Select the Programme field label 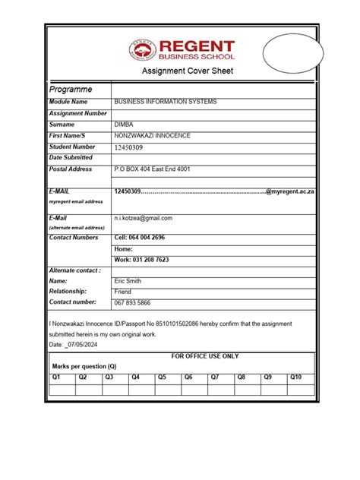pyautogui.click(x=71, y=89)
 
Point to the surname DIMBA pyautogui.click(x=125, y=124)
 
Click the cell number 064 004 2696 pyautogui.click(x=139, y=238)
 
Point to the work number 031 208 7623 pyautogui.click(x=141, y=260)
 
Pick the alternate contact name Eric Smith pyautogui.click(x=129, y=280)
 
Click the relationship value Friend pyautogui.click(x=123, y=292)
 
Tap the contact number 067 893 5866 pyautogui.click(x=133, y=302)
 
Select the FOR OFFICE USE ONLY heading pyautogui.click(x=204, y=356)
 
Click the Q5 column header pyautogui.click(x=161, y=377)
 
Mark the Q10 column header pyautogui.click(x=295, y=377)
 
